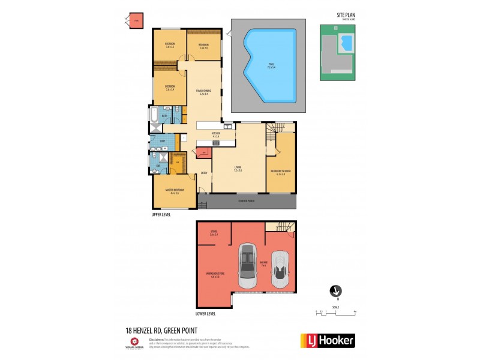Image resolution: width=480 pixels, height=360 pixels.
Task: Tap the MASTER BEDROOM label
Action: tap(175, 191)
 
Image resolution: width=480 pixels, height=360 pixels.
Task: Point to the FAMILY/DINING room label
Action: tap(204, 92)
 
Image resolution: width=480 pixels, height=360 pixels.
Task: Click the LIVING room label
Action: tap(238, 170)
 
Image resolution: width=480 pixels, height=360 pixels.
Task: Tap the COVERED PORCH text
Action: tap(246, 200)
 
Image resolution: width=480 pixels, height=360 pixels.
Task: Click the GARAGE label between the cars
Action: tap(263, 265)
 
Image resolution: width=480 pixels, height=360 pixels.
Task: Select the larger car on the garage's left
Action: tap(247, 266)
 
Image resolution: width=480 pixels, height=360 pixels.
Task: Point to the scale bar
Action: tap(336, 311)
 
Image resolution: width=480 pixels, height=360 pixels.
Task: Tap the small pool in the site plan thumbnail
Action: tap(346, 43)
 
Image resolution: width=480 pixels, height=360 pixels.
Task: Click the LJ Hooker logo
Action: tap(327, 340)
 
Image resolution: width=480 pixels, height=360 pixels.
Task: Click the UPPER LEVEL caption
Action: tap(162, 214)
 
